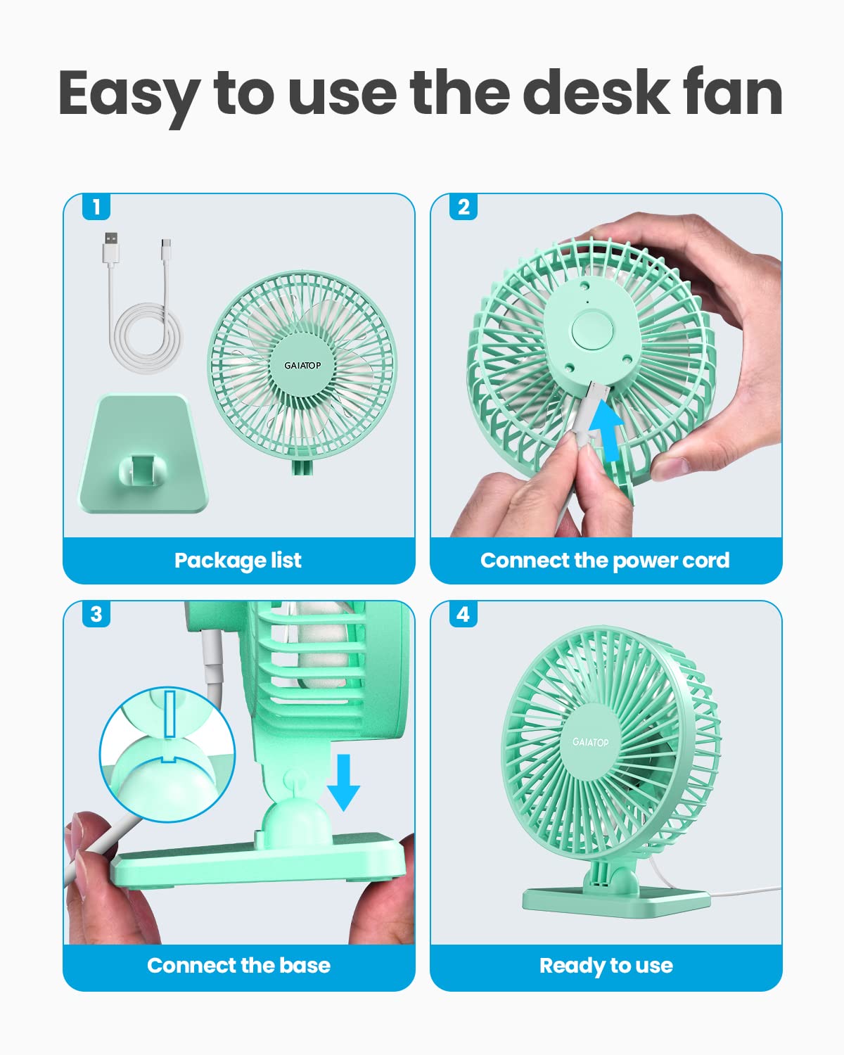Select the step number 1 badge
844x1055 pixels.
(x=96, y=207)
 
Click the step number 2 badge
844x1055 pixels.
(x=463, y=207)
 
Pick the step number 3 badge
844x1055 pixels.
(x=96, y=614)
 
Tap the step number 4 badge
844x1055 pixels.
(x=463, y=614)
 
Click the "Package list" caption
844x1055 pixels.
(x=238, y=561)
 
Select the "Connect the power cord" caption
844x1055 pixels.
(x=605, y=561)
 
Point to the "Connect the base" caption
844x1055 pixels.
(x=238, y=966)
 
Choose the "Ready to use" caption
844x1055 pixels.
(x=606, y=966)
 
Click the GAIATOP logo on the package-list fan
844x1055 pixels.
(x=302, y=365)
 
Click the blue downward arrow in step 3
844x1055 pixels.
(x=344, y=781)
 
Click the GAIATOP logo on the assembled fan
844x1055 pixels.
(x=590, y=742)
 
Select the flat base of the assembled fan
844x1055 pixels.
(x=615, y=899)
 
